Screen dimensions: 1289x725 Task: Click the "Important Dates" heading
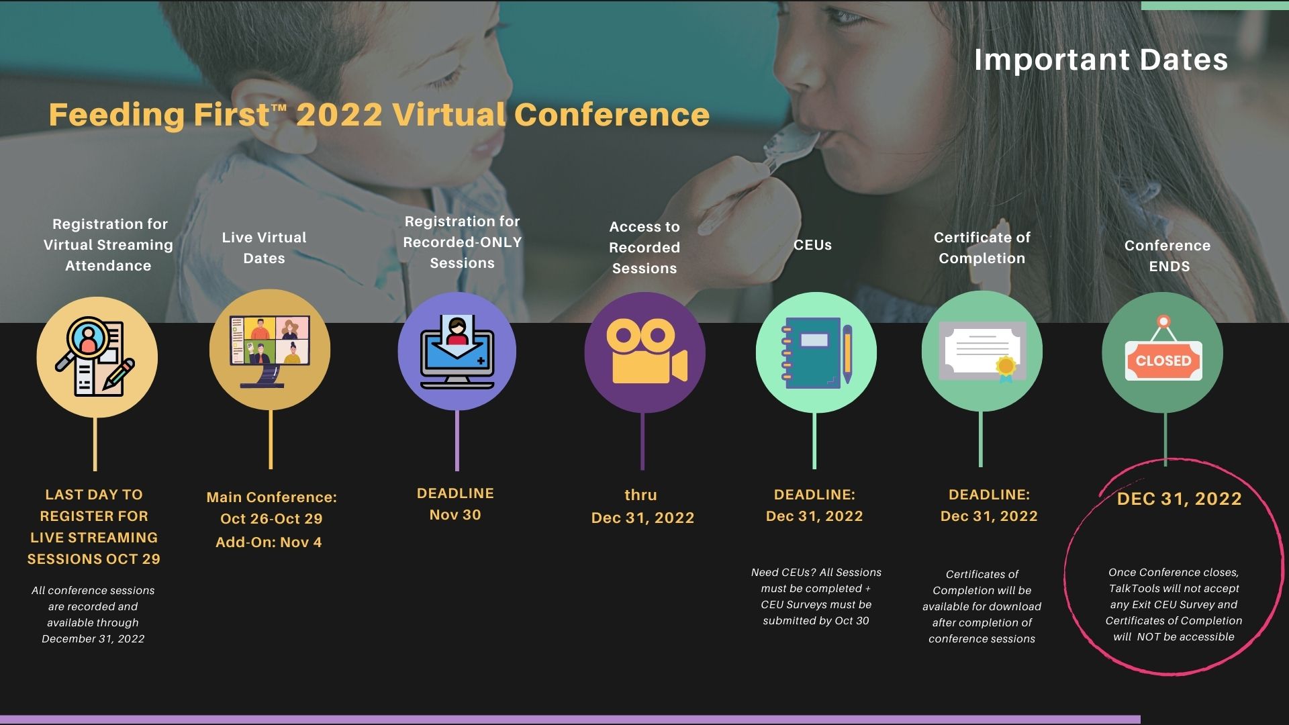pyautogui.click(x=1101, y=60)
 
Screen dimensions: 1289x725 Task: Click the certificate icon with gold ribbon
pyautogui.click(x=982, y=352)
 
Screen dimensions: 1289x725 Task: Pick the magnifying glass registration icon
pyautogui.click(x=95, y=356)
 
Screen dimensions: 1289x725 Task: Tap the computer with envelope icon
pyautogui.click(x=457, y=352)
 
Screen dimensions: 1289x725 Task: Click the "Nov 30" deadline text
pyautogui.click(x=455, y=515)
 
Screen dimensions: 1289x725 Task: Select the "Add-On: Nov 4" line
pyautogui.click(x=269, y=542)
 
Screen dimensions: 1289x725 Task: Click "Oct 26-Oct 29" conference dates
pyautogui.click(x=271, y=519)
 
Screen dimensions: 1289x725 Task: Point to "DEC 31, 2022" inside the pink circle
pyautogui.click(x=1179, y=499)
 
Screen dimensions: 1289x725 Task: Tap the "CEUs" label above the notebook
pyautogui.click(x=812, y=245)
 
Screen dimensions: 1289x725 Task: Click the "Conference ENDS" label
pyautogui.click(x=1168, y=256)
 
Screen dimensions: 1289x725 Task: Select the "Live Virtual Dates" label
pyautogui.click(x=264, y=248)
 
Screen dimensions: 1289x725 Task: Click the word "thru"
pyautogui.click(x=640, y=495)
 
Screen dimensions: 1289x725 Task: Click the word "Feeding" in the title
pyautogui.click(x=116, y=114)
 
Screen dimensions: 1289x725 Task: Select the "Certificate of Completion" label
pyautogui.click(x=982, y=248)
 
